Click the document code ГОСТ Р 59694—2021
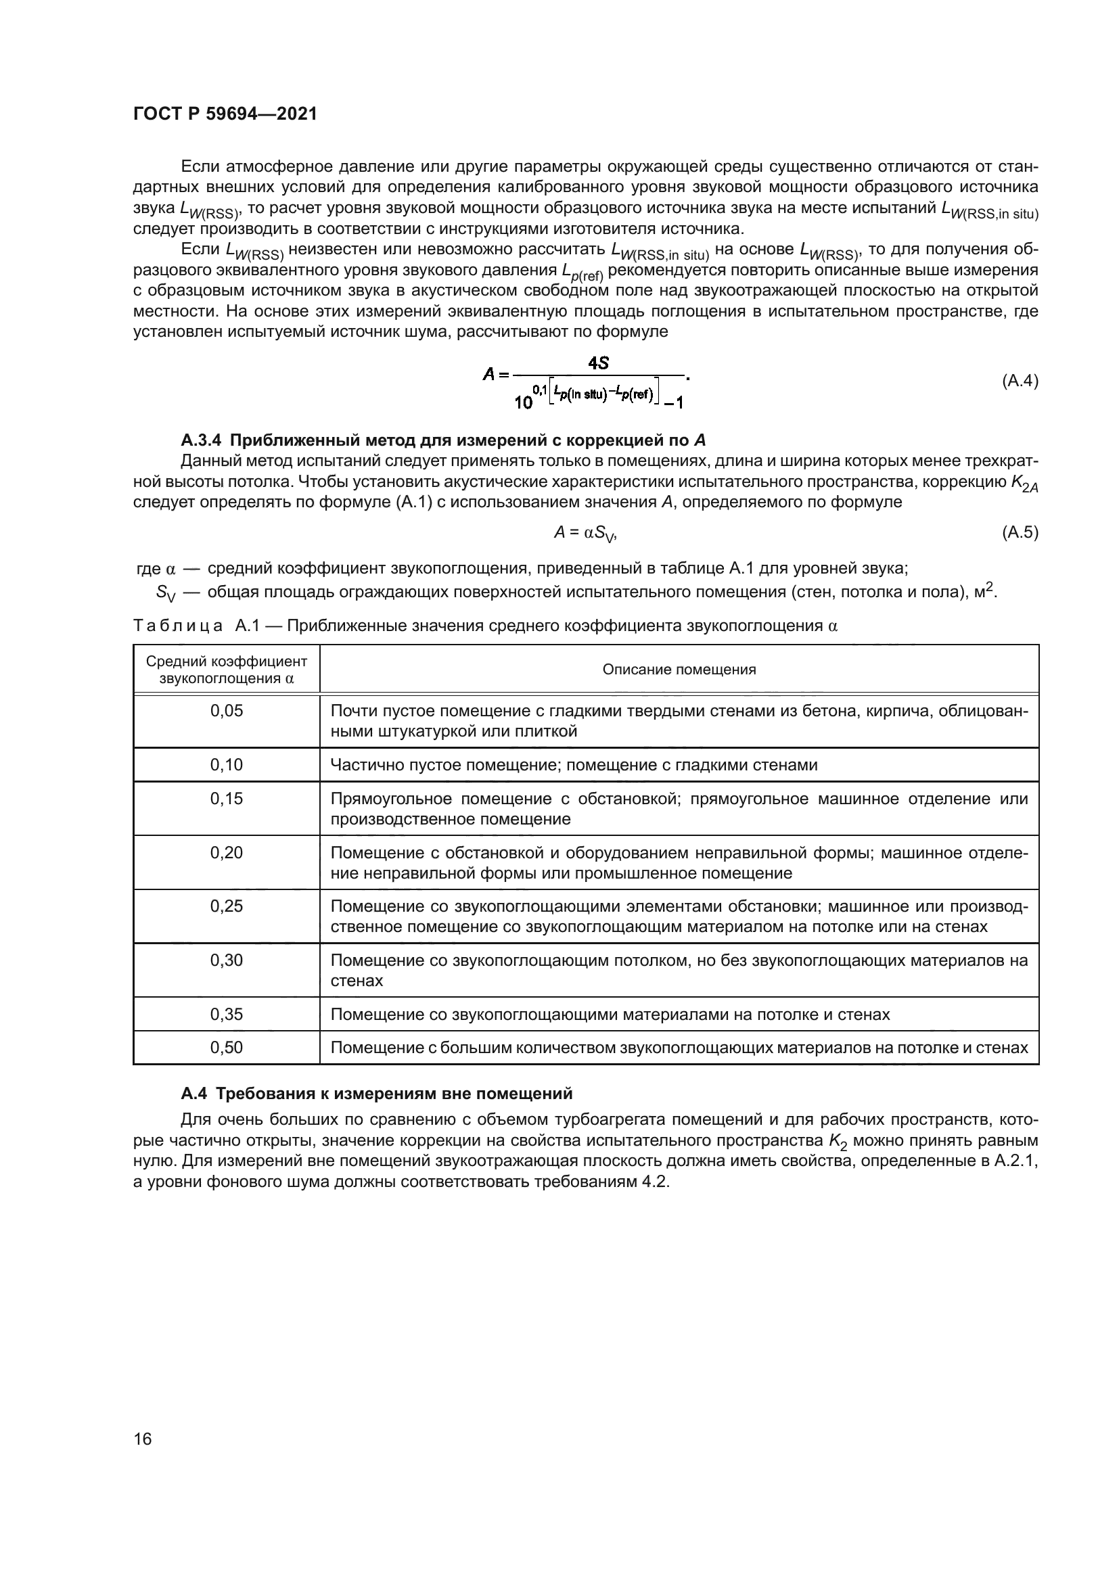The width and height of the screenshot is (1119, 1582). click(225, 114)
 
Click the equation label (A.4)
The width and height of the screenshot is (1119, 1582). click(1019, 381)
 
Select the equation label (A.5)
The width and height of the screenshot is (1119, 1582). click(1019, 532)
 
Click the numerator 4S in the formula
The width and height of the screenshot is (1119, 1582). click(598, 363)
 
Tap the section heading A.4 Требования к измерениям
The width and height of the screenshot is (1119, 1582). click(376, 1094)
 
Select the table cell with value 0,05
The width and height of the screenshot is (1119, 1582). click(227, 711)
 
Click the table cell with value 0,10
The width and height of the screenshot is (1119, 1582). click(227, 765)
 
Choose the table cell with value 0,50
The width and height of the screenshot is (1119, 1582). click(227, 1048)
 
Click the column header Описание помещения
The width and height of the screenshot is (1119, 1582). click(679, 670)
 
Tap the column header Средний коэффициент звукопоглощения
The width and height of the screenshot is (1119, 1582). click(227, 670)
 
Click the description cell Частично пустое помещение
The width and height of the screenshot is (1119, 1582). click(573, 765)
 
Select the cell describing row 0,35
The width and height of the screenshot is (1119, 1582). click(610, 1015)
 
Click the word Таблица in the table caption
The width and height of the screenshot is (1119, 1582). click(177, 626)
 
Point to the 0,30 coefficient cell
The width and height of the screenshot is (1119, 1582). click(227, 960)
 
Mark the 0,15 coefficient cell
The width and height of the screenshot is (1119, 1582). click(227, 799)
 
